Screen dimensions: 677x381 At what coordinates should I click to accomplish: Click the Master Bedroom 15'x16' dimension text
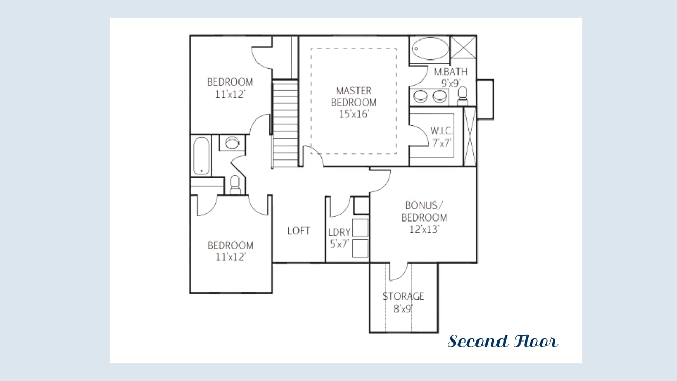click(354, 114)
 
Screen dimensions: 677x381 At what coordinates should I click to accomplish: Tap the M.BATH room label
click(451, 72)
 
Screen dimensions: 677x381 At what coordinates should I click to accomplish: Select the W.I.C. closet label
click(442, 131)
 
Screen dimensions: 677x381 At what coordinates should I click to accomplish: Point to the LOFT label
click(298, 231)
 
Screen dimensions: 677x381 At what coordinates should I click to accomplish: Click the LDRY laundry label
click(340, 232)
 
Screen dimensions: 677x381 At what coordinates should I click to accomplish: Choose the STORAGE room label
click(403, 297)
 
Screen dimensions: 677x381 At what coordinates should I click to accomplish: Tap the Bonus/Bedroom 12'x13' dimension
click(424, 230)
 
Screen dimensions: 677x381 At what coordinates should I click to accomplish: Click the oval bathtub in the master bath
click(430, 49)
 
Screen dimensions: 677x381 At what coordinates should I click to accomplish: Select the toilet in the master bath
click(463, 96)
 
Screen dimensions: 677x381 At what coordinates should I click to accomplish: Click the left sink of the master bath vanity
click(421, 96)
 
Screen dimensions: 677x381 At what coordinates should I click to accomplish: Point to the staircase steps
click(285, 124)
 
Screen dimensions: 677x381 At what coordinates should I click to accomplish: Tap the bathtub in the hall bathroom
click(201, 156)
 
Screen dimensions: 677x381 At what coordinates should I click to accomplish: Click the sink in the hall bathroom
click(232, 143)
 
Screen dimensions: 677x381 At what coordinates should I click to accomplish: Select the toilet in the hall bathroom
click(235, 185)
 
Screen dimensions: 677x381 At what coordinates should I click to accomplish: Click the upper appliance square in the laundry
click(360, 228)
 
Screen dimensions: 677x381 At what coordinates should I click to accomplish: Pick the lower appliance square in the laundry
click(360, 248)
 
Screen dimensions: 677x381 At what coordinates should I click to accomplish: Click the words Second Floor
click(503, 342)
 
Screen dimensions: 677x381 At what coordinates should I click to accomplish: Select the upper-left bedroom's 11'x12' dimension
click(230, 94)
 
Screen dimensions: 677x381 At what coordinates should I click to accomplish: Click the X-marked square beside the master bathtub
click(463, 48)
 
